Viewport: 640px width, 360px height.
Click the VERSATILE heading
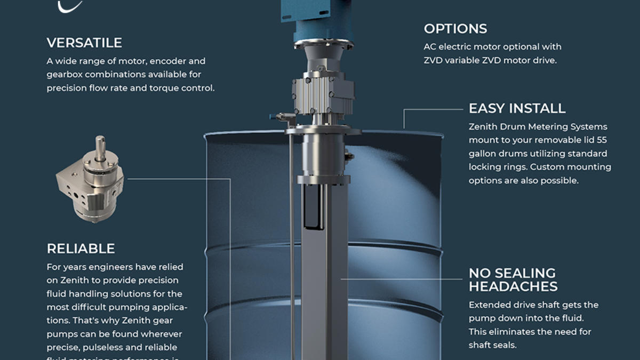click(84, 43)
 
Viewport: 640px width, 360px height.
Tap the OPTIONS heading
click(455, 29)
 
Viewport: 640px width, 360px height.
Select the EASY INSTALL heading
click(517, 108)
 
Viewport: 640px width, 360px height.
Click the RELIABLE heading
click(81, 249)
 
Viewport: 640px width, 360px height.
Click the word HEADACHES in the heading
click(513, 286)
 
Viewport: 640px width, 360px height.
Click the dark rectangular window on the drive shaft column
click(311, 205)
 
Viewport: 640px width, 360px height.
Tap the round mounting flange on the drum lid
click(323, 130)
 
